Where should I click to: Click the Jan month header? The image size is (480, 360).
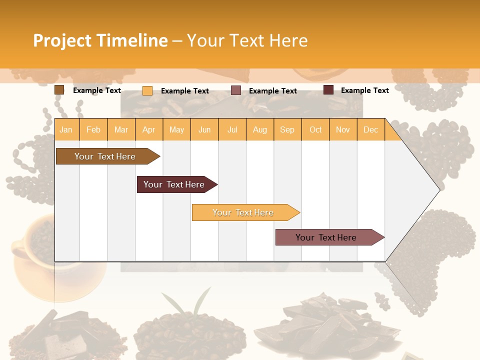coord(66,129)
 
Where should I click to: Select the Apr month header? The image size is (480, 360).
coord(149,129)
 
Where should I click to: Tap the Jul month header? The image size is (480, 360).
coord(232,129)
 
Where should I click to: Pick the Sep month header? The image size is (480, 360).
coord(287,129)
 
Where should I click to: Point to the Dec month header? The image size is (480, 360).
coord(370,129)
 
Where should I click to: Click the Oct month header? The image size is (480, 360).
coord(315,129)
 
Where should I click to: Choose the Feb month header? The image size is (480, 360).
coord(93,129)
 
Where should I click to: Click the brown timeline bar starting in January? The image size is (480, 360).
coord(105,156)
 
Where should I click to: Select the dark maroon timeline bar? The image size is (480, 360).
coord(174,184)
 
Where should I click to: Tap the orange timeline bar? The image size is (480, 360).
coord(243,212)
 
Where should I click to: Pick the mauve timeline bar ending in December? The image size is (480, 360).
coord(326,237)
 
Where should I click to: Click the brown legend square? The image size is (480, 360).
coord(59,90)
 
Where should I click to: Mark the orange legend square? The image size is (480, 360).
coord(147,90)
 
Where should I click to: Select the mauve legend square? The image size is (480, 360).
coord(236,90)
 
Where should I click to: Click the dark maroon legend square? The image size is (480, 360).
coord(328,90)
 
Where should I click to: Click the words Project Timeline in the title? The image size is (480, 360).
coord(100,40)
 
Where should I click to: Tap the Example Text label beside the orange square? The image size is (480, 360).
coord(185,91)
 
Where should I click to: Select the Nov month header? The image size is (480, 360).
coord(343,129)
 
